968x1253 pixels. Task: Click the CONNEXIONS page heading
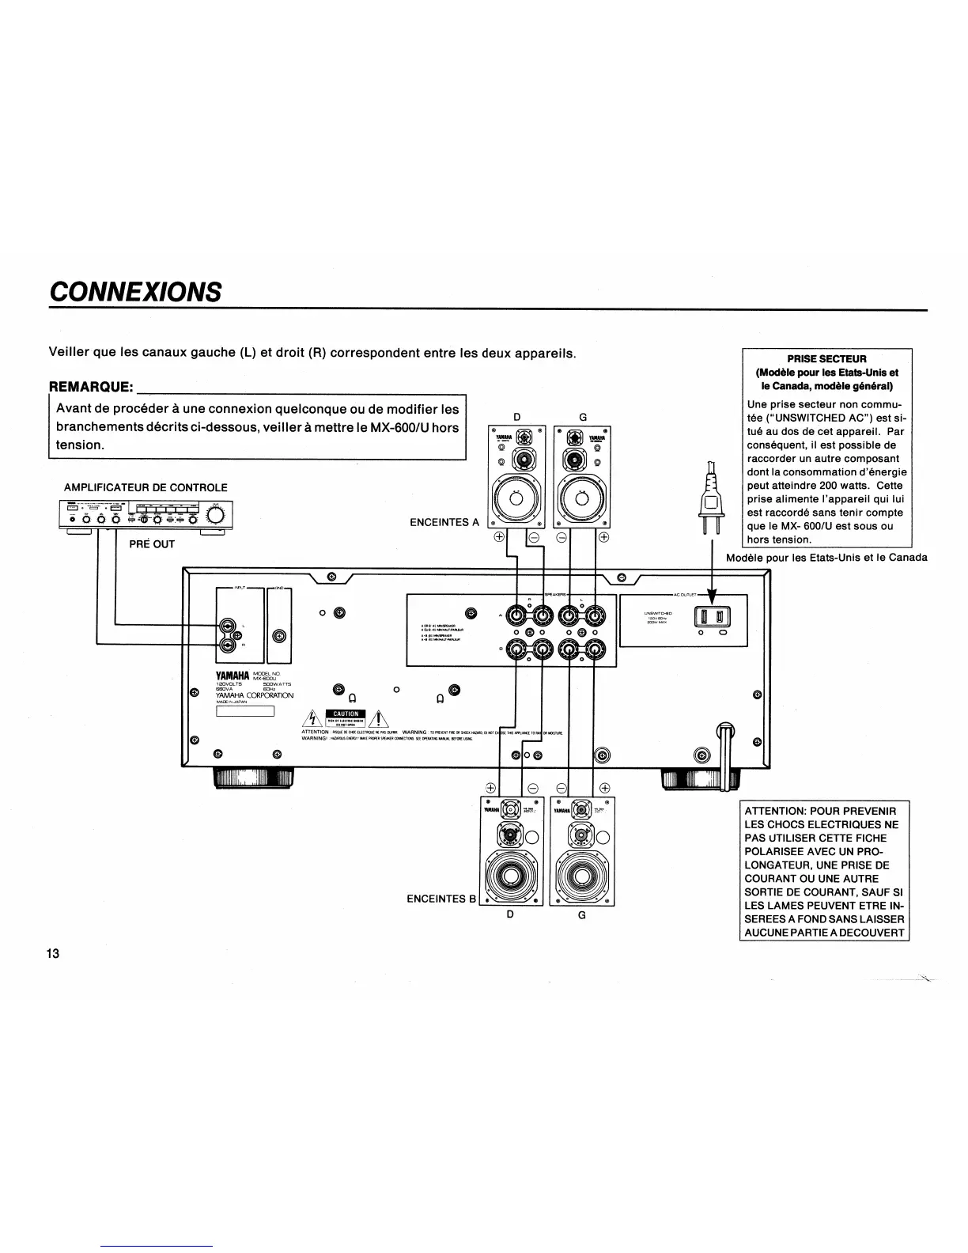tap(134, 291)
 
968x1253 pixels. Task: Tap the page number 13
tap(53, 952)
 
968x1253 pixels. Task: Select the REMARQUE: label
tap(91, 387)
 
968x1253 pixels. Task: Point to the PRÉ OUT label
tap(151, 544)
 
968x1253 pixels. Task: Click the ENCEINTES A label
tap(444, 522)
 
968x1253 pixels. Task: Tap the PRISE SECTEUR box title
tap(826, 358)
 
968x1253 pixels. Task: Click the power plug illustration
tap(709, 498)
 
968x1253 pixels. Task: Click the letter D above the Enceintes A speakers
tap(517, 416)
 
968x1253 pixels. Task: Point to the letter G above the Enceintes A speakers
tap(583, 416)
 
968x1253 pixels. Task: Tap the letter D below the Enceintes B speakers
tap(511, 914)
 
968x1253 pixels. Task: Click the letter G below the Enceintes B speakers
tap(582, 914)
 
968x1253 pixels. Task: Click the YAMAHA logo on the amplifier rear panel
tap(233, 675)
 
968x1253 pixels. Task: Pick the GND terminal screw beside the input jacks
tap(278, 637)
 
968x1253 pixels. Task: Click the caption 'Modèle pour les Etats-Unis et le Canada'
tap(826, 558)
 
